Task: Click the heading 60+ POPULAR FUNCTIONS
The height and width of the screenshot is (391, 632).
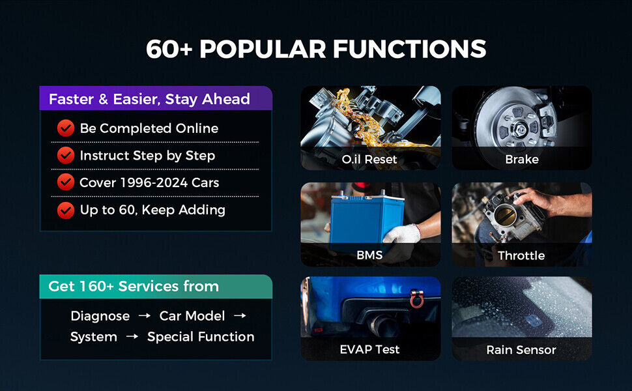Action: click(316, 49)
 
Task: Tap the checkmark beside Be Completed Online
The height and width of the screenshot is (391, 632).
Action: click(65, 128)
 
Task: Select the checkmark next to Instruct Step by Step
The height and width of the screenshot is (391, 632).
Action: click(65, 156)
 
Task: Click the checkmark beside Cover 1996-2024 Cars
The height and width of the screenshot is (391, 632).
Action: click(65, 183)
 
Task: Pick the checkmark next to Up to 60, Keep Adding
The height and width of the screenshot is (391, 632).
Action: click(65, 210)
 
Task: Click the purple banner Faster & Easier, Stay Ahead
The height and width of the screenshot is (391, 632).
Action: click(155, 99)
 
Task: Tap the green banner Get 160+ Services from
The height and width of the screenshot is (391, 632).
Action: click(155, 287)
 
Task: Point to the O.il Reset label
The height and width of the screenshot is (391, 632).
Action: click(369, 160)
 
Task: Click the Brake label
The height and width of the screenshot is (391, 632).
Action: click(521, 160)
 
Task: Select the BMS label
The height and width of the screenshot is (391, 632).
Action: click(369, 255)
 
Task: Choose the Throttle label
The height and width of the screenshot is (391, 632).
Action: click(521, 255)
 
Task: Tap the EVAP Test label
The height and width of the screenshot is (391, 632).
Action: click(369, 350)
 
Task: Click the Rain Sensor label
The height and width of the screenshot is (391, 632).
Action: click(521, 350)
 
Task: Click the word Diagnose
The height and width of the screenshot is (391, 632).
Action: click(100, 316)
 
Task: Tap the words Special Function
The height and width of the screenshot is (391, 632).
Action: click(201, 337)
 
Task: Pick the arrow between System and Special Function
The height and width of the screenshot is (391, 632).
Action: click(132, 337)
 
